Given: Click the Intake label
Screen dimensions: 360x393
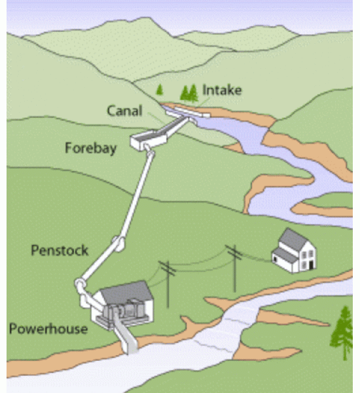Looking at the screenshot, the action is coord(222,90).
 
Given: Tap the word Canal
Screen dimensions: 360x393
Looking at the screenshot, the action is coord(124,111).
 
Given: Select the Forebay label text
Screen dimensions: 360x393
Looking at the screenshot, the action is coord(91,148).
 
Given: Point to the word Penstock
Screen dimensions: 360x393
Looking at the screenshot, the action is coord(60,250).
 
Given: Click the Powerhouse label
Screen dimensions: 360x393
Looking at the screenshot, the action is coord(48,329).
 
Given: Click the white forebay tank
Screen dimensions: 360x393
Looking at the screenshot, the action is coord(149,141).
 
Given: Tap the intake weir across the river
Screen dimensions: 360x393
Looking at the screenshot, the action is coord(189,113).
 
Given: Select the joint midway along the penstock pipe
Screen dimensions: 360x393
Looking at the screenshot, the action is coord(120,244).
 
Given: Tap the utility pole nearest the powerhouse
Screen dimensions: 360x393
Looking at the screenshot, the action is coord(168,283).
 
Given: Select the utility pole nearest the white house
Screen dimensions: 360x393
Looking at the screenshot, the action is coord(235,268).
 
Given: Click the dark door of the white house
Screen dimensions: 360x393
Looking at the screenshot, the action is coord(311,265).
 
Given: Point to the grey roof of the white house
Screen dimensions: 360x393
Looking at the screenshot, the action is coord(292,240).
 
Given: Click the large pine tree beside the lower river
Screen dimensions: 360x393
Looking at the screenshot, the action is coord(343,332).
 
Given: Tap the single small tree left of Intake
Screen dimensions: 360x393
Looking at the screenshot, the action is coord(160,90).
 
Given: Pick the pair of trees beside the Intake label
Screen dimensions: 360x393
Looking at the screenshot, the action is coord(189,93).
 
